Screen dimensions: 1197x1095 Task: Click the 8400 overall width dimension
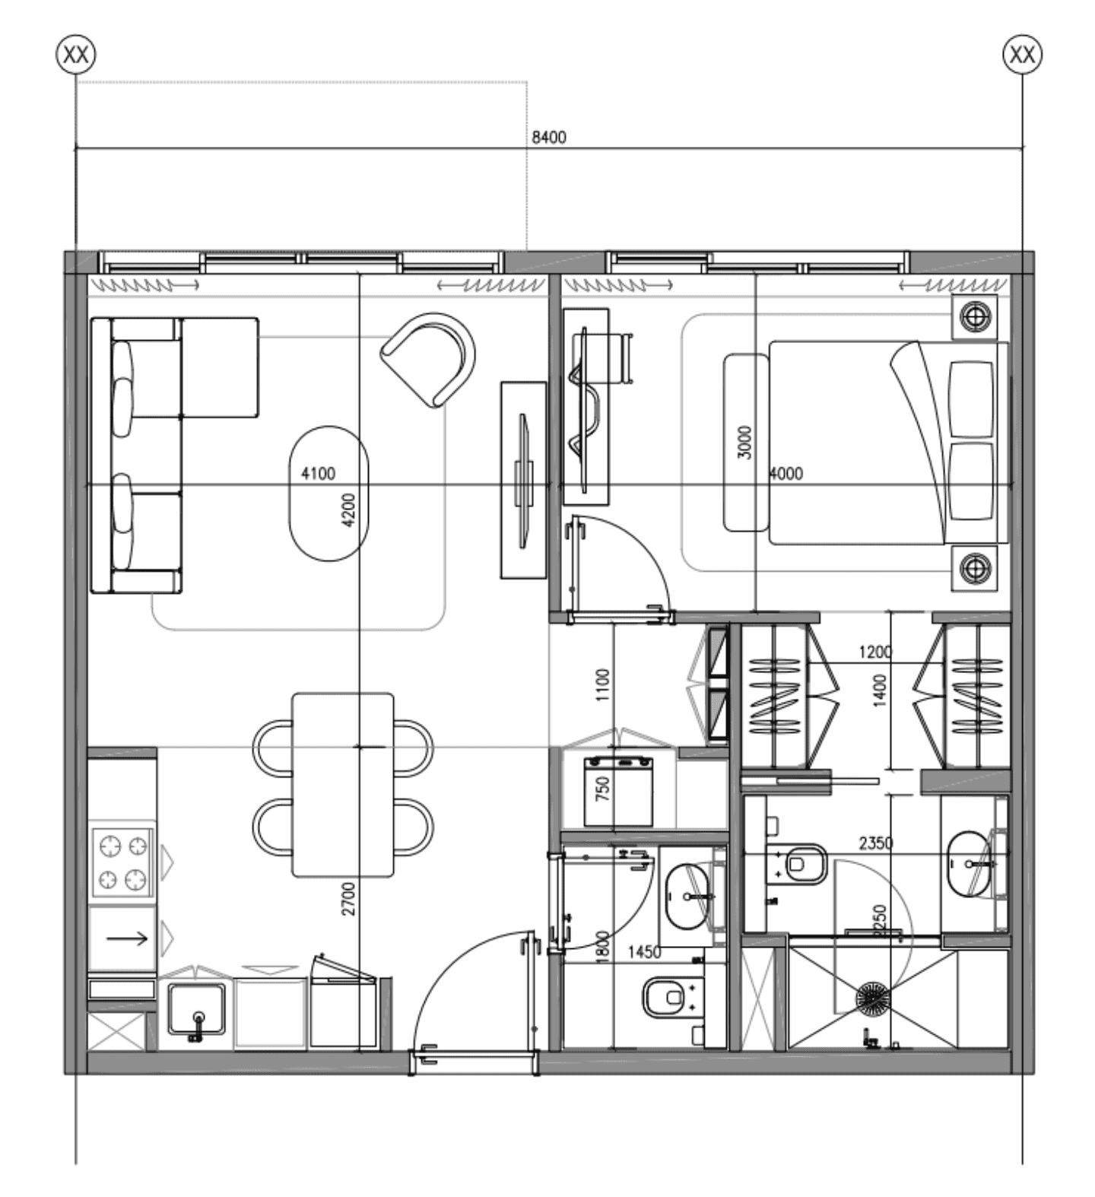click(548, 137)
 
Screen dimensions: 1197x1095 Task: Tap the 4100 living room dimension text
click(318, 474)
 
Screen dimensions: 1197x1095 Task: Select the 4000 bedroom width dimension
click(786, 474)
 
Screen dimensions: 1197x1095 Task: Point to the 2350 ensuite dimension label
click(875, 843)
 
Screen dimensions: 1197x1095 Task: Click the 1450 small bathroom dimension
click(643, 952)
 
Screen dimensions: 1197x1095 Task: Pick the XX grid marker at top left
click(76, 55)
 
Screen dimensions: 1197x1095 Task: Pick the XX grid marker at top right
click(1022, 55)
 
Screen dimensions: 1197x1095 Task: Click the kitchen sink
click(196, 1009)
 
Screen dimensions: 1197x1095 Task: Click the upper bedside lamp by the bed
click(975, 316)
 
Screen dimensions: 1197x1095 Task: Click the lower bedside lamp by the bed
click(975, 567)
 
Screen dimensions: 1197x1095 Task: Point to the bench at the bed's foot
click(745, 443)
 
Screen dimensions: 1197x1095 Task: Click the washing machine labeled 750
click(618, 791)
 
